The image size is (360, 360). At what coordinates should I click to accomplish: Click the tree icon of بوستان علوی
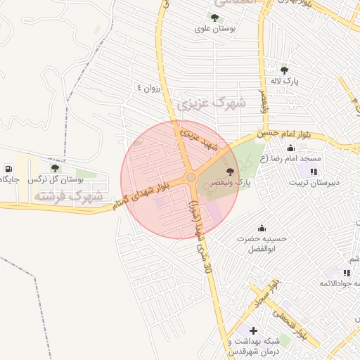pos(214,18)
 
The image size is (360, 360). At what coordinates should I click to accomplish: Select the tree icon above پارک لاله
pos(284,70)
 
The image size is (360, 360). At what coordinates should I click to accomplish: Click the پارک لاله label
pos(286,82)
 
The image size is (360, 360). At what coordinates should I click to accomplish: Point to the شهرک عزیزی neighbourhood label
pos(211,104)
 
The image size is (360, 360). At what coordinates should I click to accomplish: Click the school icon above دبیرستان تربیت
pos(313,171)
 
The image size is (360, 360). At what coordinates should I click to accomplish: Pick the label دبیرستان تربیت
pos(316,183)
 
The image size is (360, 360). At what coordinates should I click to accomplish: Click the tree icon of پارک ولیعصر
pos(230,172)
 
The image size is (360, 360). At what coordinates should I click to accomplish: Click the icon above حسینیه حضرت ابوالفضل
pos(262,227)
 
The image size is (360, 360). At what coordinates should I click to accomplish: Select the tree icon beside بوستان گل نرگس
pos(55,168)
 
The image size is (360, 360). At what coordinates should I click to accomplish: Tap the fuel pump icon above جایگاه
pos(8,169)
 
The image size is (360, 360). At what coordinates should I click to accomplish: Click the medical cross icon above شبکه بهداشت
pos(253,330)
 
